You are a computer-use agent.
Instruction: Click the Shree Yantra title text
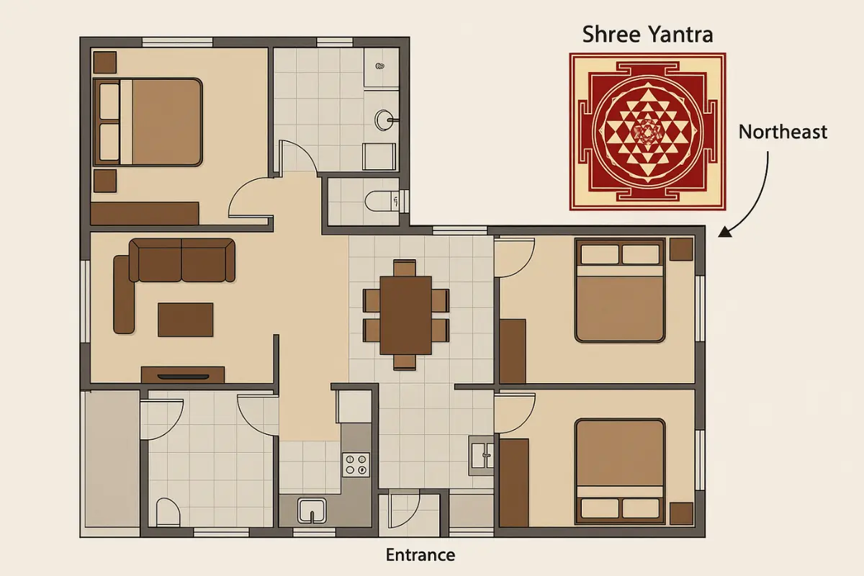[647, 34]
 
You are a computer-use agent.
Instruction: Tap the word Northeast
[783, 132]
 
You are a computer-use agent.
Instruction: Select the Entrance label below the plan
[420, 555]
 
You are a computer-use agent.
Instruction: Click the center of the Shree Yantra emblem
[647, 132]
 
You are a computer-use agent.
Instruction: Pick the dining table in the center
[406, 315]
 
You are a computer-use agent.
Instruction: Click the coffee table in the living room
[186, 319]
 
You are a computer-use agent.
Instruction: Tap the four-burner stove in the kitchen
[355, 464]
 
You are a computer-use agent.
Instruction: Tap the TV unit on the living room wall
[183, 374]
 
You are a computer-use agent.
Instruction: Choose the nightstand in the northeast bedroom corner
[681, 249]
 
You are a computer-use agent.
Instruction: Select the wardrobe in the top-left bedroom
[145, 213]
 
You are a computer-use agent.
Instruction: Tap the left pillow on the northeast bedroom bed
[598, 254]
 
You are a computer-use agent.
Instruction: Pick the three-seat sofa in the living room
[181, 260]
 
